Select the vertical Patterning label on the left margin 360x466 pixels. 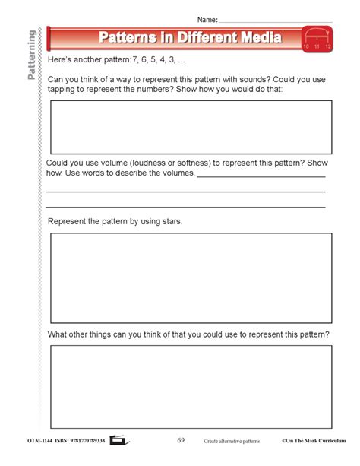[x=30, y=52]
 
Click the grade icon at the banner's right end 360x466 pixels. [x=317, y=38]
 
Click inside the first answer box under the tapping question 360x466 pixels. [x=191, y=127]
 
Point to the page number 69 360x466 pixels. [x=181, y=440]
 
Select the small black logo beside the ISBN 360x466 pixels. [x=119, y=440]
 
